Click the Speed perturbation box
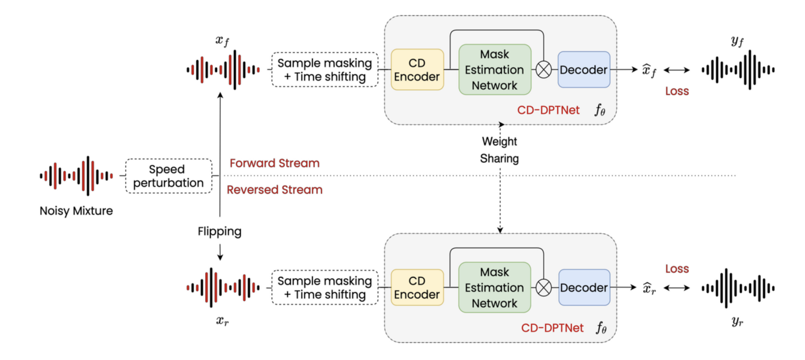[168, 176]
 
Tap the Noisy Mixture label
[76, 211]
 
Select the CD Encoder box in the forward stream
[417, 70]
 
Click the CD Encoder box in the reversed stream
[417, 288]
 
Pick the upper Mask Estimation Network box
[495, 70]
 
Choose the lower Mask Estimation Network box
[495, 288]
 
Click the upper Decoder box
[584, 70]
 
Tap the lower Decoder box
[584, 288]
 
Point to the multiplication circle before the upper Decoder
[543, 70]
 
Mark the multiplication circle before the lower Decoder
[543, 288]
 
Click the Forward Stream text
[274, 163]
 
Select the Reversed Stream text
[274, 190]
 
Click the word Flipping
[219, 231]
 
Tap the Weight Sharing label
[499, 150]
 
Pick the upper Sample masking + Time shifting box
[325, 70]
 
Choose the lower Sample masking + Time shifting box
[325, 288]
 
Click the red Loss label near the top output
[677, 91]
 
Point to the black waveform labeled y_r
[738, 288]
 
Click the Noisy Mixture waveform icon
[76, 176]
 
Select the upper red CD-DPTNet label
[548, 110]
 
